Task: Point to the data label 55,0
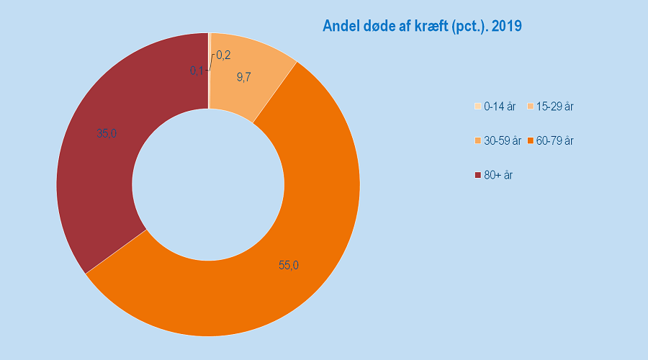(289, 265)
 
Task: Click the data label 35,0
(107, 133)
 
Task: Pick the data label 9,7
(243, 77)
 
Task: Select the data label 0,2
(223, 55)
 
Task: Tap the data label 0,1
(197, 71)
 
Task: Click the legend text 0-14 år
(500, 107)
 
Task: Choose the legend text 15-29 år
(554, 107)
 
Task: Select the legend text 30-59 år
(503, 141)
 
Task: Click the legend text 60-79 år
(554, 141)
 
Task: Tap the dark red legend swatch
(478, 175)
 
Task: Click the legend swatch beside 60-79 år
(531, 141)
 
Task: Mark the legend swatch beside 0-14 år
(478, 107)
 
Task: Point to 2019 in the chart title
(506, 26)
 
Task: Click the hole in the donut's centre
(208, 184)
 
